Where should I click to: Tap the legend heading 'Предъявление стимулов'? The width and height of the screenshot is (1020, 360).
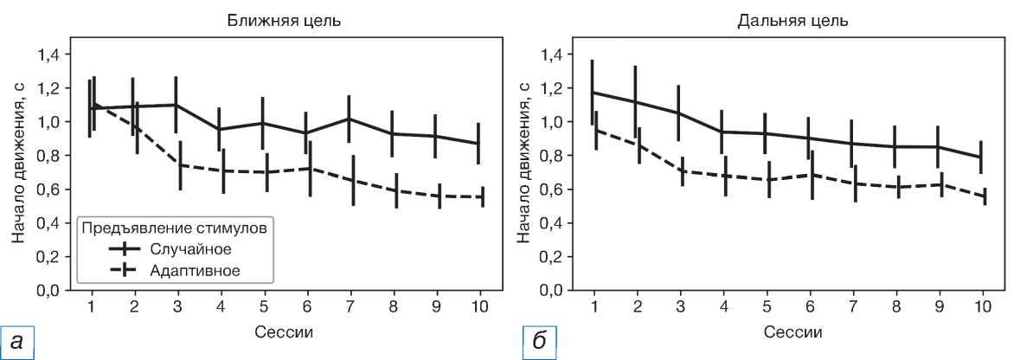172,228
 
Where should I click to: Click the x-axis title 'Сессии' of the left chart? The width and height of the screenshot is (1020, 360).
285,332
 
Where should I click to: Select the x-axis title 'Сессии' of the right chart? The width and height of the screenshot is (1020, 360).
787,332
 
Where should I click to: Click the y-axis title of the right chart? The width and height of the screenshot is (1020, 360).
523,171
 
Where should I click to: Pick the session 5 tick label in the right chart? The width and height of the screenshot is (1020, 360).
767,307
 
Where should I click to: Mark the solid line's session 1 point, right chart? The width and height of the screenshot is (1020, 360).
593,93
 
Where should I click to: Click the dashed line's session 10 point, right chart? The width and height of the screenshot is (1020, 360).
984,196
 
